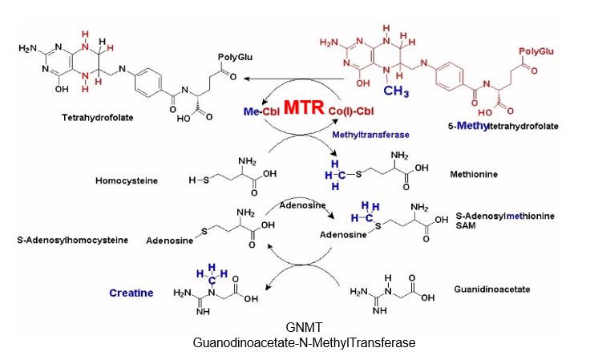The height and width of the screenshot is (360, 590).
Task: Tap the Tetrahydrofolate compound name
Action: click(97, 117)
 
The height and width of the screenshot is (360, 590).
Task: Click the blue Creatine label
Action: click(131, 293)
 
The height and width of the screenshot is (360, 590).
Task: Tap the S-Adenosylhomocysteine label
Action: click(73, 240)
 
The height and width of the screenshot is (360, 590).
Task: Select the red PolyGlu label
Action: click(536, 51)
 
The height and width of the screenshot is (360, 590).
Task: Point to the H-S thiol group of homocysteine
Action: click(196, 180)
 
